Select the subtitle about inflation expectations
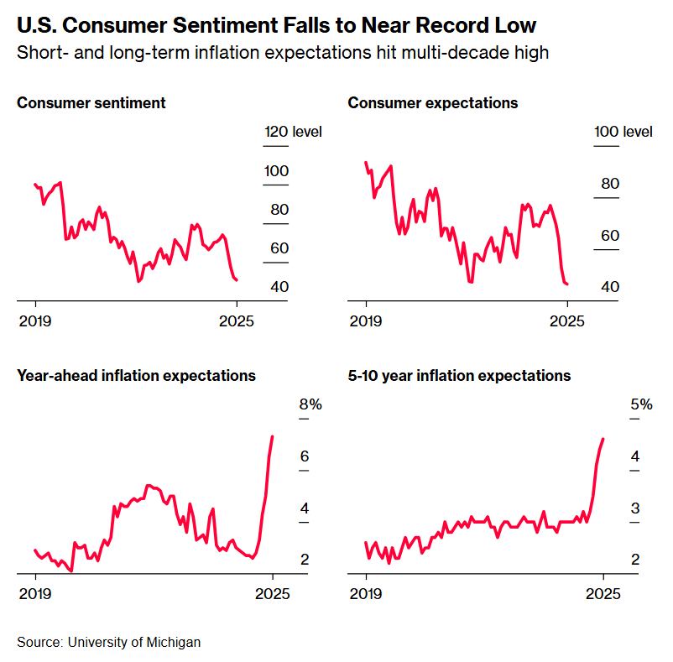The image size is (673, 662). point(283,53)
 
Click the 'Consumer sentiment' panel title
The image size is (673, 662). point(91,103)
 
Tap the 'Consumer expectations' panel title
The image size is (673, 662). point(432,103)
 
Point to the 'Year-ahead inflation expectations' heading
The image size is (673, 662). point(136,376)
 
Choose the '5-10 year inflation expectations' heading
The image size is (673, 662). point(459,376)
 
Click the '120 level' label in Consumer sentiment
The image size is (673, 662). point(293,132)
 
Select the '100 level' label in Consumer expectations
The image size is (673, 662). point(623,132)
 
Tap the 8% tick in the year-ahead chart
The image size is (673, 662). point(310,404)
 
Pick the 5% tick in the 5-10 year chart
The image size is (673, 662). point(641,404)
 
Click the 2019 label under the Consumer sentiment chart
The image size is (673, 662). point(35,320)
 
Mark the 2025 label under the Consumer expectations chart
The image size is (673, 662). point(567,320)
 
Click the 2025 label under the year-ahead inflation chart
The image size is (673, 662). point(272,593)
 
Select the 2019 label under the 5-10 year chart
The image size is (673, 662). point(366,593)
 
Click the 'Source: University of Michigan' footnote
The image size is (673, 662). point(109,642)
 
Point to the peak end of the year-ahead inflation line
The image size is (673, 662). point(272,436)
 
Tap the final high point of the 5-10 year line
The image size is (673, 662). point(603,439)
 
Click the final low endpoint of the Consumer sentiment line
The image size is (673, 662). point(237,279)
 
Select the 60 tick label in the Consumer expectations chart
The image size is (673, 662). point(609,236)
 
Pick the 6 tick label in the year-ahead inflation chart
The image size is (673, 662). point(305,456)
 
